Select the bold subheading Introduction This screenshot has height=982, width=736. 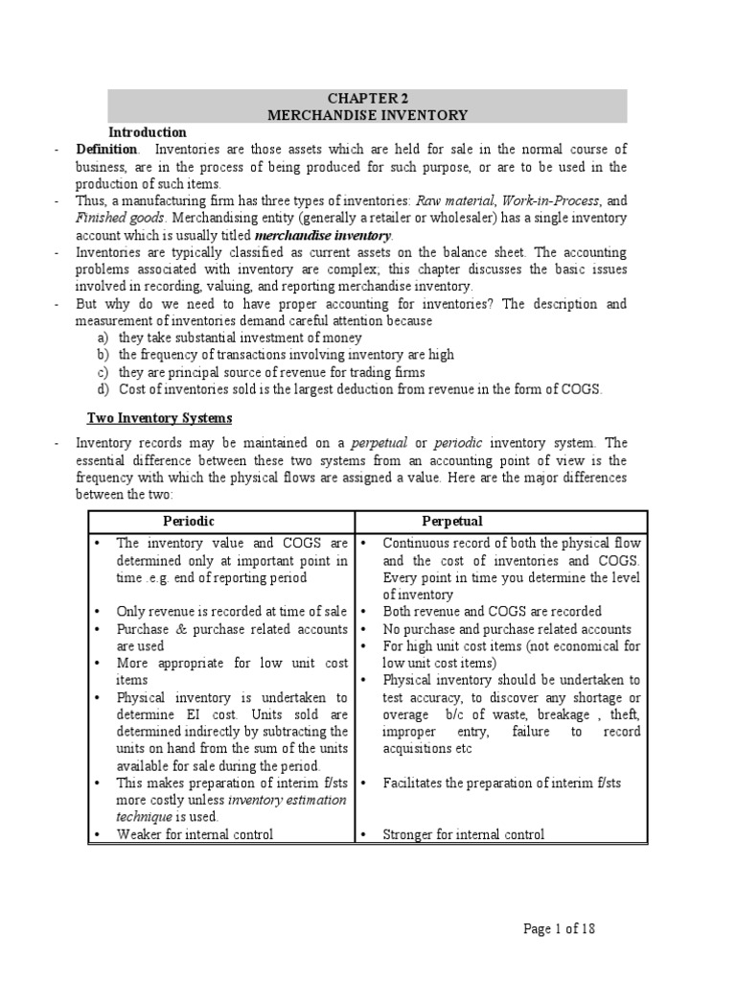pos(148,132)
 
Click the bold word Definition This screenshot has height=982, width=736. pos(106,150)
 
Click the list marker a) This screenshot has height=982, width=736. pos(103,338)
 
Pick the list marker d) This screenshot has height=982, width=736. pos(103,388)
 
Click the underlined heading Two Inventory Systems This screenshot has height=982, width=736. pos(159,418)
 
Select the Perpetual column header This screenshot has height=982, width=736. pos(453,520)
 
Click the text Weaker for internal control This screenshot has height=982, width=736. pos(195,834)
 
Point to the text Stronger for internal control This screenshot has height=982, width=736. pos(463,834)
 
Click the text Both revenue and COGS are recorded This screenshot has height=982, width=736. pos(492,611)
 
